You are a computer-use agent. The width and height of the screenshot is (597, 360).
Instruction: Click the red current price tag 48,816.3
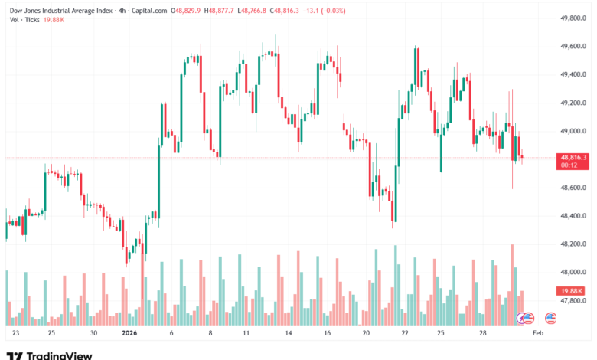click(573, 157)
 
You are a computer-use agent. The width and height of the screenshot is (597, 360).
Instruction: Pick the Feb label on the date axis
click(538, 334)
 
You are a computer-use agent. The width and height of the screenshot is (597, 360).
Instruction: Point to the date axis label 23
click(16, 334)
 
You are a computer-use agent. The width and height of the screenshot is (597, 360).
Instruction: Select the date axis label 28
click(482, 334)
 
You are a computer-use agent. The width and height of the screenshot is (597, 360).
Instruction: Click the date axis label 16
click(328, 334)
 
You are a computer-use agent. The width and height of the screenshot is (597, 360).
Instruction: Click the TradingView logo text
click(59, 354)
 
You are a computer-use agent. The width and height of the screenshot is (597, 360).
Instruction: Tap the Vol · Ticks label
click(25, 21)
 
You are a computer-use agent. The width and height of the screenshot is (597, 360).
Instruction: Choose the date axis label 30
click(93, 334)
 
